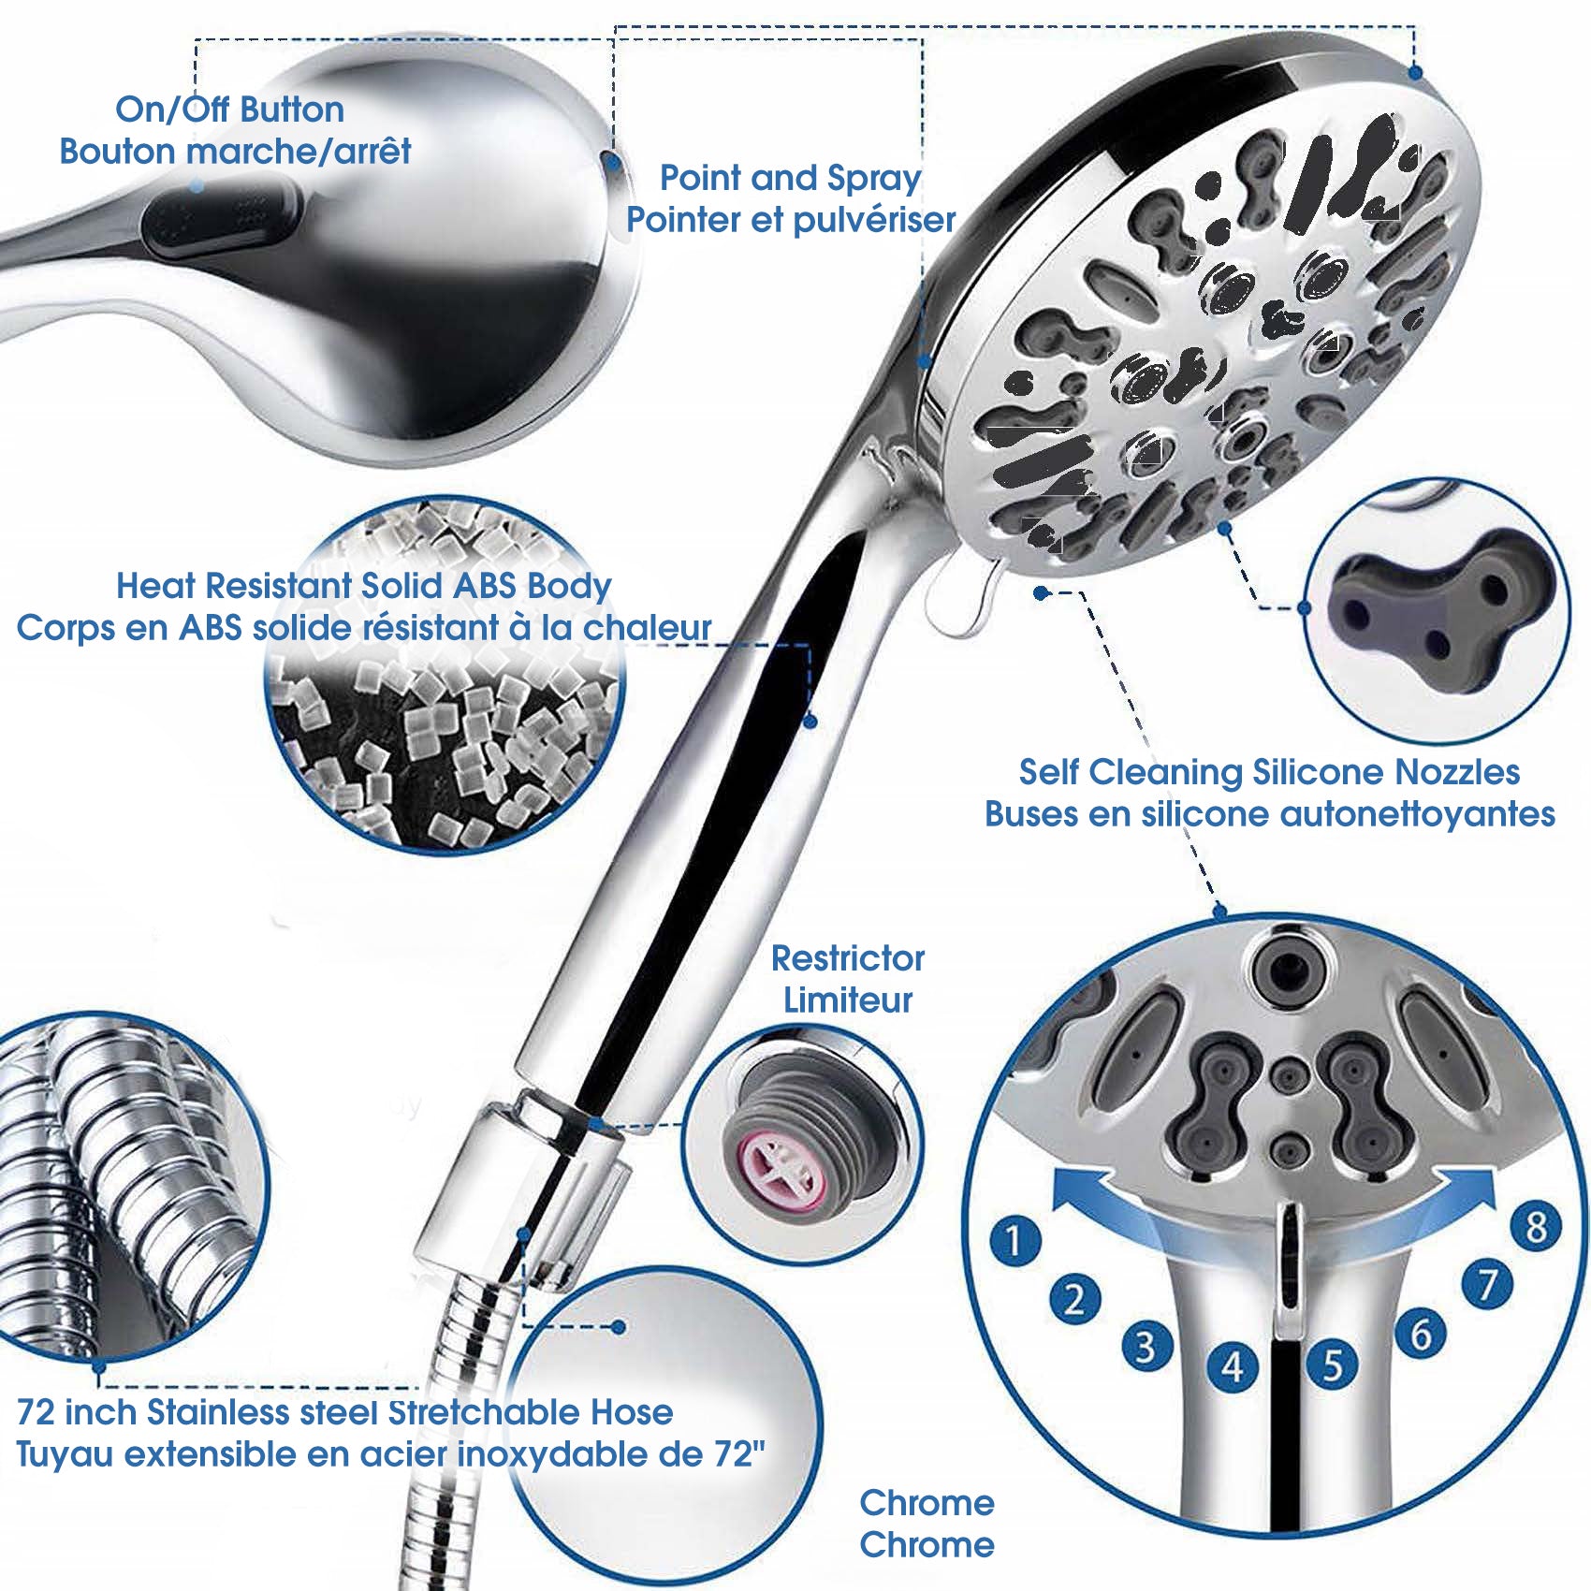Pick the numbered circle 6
1420,1334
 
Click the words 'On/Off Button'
229,109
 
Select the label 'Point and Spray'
791,178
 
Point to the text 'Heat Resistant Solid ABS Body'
363,586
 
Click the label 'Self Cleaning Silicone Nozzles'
1269,772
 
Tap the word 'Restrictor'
847,958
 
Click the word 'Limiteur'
847,1000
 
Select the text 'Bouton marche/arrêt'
235,151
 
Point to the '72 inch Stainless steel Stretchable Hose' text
344,1412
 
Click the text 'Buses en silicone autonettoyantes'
1269,814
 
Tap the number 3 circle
1146,1346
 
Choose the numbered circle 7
1486,1284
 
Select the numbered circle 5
1333,1364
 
